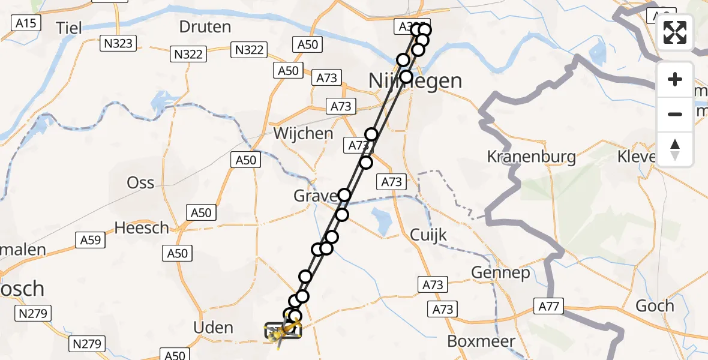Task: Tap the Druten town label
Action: click(x=205, y=27)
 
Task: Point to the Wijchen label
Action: click(x=303, y=133)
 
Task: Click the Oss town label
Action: click(x=140, y=183)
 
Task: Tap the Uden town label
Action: click(x=214, y=328)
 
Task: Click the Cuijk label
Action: click(x=429, y=235)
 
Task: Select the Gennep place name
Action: click(x=500, y=273)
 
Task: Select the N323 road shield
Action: click(x=118, y=43)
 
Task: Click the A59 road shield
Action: click(x=91, y=241)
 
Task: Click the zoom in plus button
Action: click(x=675, y=79)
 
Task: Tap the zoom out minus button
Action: click(x=675, y=114)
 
